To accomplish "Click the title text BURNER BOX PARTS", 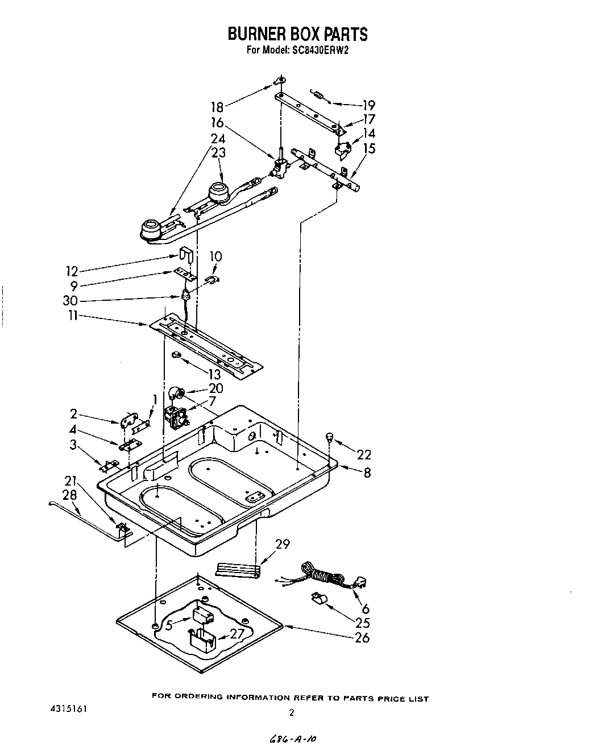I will (297, 34).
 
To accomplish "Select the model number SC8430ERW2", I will (321, 50).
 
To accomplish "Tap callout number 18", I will (218, 106).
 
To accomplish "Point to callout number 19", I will (368, 105).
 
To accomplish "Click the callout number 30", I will (70, 301).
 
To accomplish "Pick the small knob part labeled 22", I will (329, 437).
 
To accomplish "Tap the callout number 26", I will (361, 637).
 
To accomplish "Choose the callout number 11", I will (72, 316).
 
